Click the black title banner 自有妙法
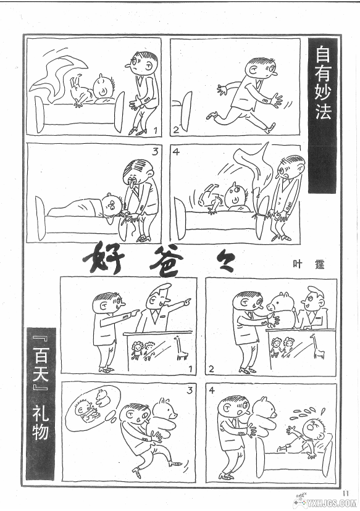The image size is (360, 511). [322, 115]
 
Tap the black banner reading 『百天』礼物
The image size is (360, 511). [40, 404]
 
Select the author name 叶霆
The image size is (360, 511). [308, 264]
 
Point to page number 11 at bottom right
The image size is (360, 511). [346, 492]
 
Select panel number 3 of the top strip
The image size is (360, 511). [155, 152]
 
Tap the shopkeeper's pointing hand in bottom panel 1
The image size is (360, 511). [186, 302]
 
